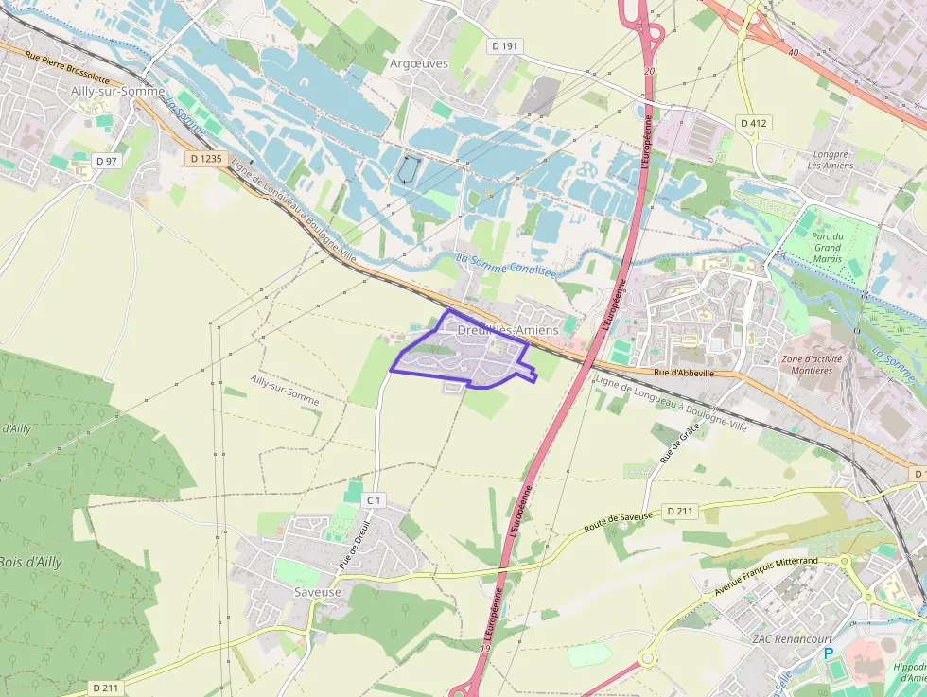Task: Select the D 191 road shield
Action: (506, 45)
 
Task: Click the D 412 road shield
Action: (754, 123)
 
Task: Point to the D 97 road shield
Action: (107, 161)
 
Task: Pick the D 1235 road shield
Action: (205, 159)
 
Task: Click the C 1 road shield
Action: (375, 500)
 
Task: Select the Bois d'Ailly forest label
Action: (30, 562)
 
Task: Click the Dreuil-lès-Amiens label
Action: (507, 330)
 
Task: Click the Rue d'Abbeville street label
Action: (683, 374)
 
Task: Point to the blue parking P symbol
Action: (829, 654)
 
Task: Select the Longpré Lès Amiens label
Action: (832, 159)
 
